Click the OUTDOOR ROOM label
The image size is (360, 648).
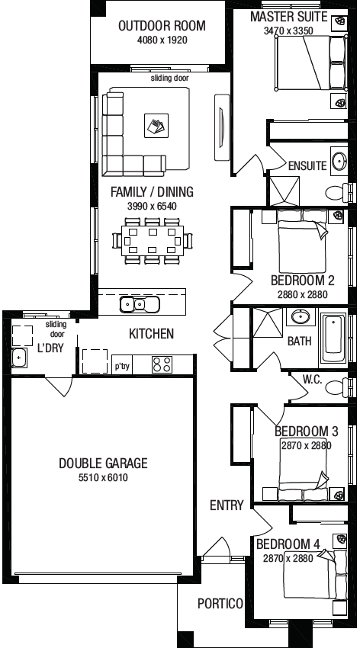(x=162, y=26)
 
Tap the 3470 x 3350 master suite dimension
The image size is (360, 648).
(x=288, y=30)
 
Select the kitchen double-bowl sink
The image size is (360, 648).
(x=140, y=305)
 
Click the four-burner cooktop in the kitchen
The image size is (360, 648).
(x=162, y=364)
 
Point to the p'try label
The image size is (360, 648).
(x=122, y=366)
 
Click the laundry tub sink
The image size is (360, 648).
(x=19, y=358)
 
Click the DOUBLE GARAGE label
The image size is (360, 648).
(x=103, y=463)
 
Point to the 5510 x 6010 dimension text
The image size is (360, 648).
(x=103, y=478)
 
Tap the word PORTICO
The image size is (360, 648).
(x=220, y=603)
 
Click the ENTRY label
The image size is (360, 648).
(x=227, y=505)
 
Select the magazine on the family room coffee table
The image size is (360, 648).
(x=156, y=126)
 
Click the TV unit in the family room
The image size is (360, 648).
(x=221, y=127)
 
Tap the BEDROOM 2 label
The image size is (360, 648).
(x=303, y=281)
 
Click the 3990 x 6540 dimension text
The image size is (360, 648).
(x=152, y=205)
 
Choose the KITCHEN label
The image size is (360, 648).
(x=151, y=333)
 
